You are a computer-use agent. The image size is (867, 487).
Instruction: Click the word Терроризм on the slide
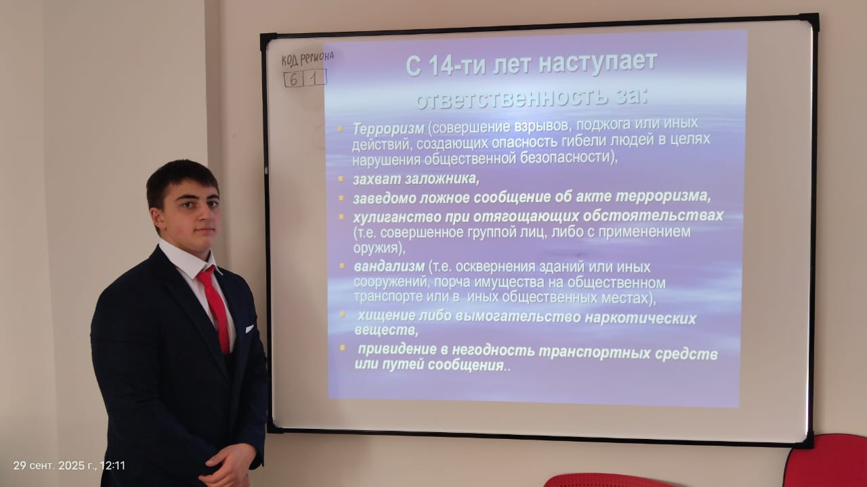(x=388, y=129)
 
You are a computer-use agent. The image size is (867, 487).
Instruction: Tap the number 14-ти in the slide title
(x=457, y=66)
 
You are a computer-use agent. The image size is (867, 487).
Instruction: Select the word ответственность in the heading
(x=511, y=97)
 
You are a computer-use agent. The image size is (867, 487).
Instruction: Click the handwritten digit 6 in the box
(x=294, y=80)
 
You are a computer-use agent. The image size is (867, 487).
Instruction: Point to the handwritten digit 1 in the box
(x=314, y=78)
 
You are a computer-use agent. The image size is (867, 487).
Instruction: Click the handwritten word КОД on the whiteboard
(x=289, y=60)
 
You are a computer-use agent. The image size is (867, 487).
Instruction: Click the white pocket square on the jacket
(x=249, y=329)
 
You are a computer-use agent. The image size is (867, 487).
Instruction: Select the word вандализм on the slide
(x=389, y=266)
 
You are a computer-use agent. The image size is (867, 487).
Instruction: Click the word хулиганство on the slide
(x=397, y=217)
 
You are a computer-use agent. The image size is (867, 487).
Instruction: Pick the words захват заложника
(x=416, y=179)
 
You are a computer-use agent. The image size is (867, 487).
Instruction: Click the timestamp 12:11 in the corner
(x=112, y=465)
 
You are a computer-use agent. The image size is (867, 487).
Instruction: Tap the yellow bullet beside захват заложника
(x=341, y=179)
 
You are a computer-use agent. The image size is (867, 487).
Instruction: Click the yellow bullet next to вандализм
(x=342, y=266)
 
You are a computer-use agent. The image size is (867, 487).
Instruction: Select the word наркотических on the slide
(x=640, y=318)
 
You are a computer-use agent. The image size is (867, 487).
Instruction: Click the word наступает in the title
(x=598, y=62)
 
